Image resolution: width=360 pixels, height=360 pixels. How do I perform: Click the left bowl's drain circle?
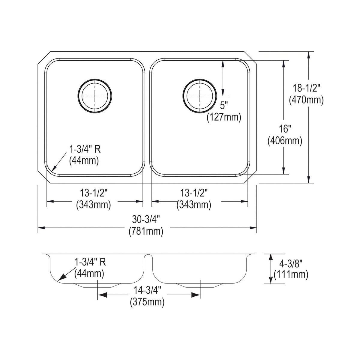[x=95, y=79]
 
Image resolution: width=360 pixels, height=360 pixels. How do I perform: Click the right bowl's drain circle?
[x=200, y=79]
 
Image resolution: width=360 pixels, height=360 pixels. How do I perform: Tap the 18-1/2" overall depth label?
[x=306, y=88]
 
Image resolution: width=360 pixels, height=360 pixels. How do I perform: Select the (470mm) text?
[x=306, y=100]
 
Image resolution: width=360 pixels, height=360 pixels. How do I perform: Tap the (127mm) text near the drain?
[x=224, y=118]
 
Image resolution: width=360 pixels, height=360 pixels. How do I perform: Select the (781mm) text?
[x=146, y=232]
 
